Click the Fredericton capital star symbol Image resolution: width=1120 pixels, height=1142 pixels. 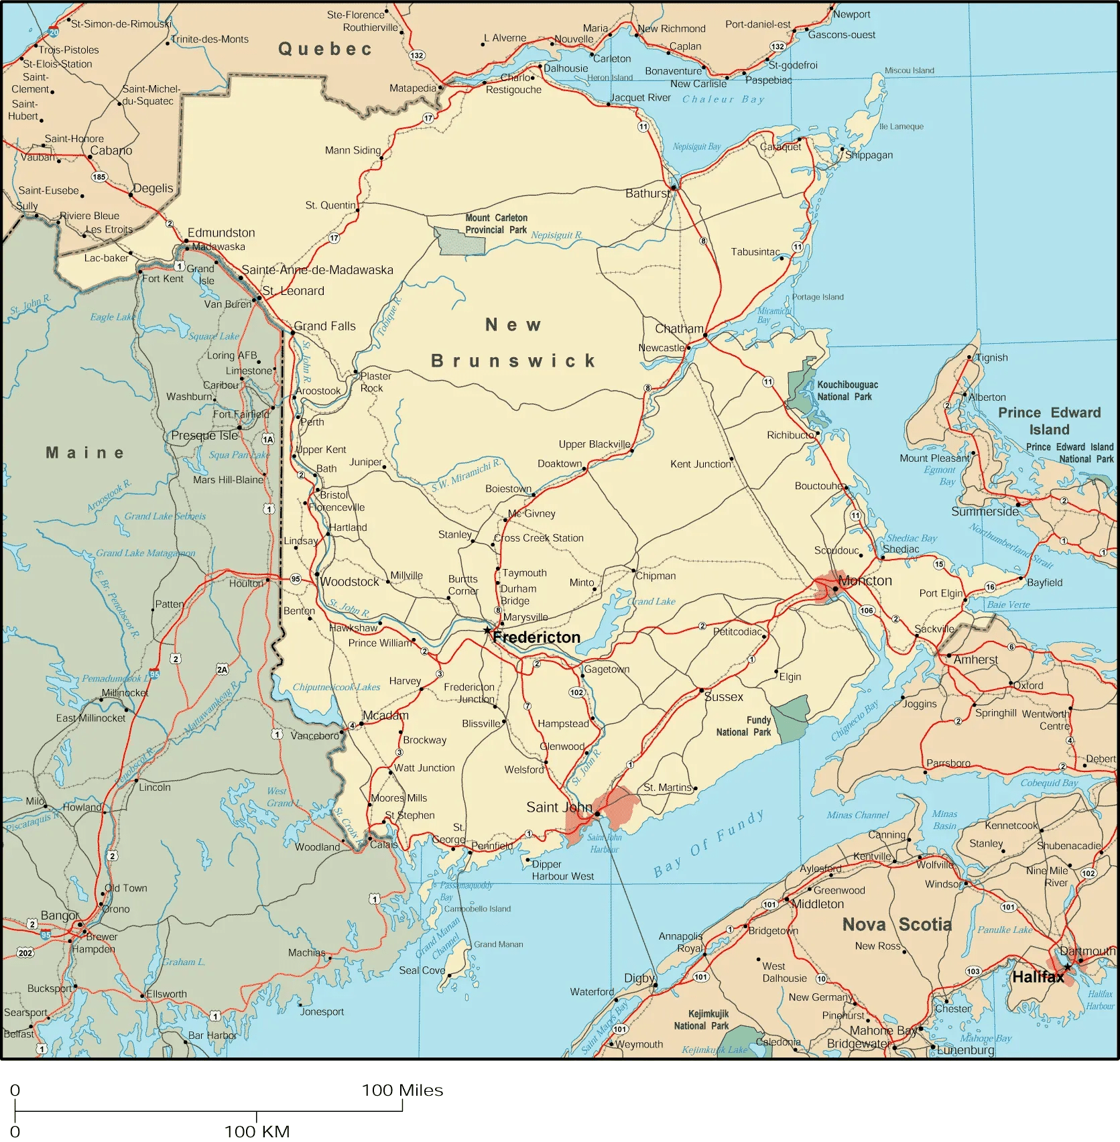pos(487,630)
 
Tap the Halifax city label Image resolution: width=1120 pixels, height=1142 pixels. pos(1038,977)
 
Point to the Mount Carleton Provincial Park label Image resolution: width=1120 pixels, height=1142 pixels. pos(496,224)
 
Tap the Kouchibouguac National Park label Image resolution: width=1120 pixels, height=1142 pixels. pos(847,391)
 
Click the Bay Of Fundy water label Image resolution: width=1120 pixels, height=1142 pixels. pos(708,844)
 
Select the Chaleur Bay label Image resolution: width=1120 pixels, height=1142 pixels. pos(723,99)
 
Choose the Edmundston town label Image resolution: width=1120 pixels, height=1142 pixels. pos(221,233)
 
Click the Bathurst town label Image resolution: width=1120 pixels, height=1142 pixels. pos(647,194)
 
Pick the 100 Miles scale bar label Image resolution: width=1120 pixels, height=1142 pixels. pos(403,1090)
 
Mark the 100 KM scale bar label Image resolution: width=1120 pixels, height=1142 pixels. pos(257,1132)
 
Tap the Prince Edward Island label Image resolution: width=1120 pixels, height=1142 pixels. pos(1049,421)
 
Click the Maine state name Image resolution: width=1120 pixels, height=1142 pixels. pos(85,453)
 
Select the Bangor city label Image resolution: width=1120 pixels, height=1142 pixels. pos(60,915)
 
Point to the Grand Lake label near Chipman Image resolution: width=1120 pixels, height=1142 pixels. pos(651,601)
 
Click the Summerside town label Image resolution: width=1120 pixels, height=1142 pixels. pos(984,511)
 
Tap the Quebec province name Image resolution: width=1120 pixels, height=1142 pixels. pos(325,49)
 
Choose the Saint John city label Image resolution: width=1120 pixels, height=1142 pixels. pos(559,807)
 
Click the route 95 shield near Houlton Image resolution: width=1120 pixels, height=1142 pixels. pos(296,578)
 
